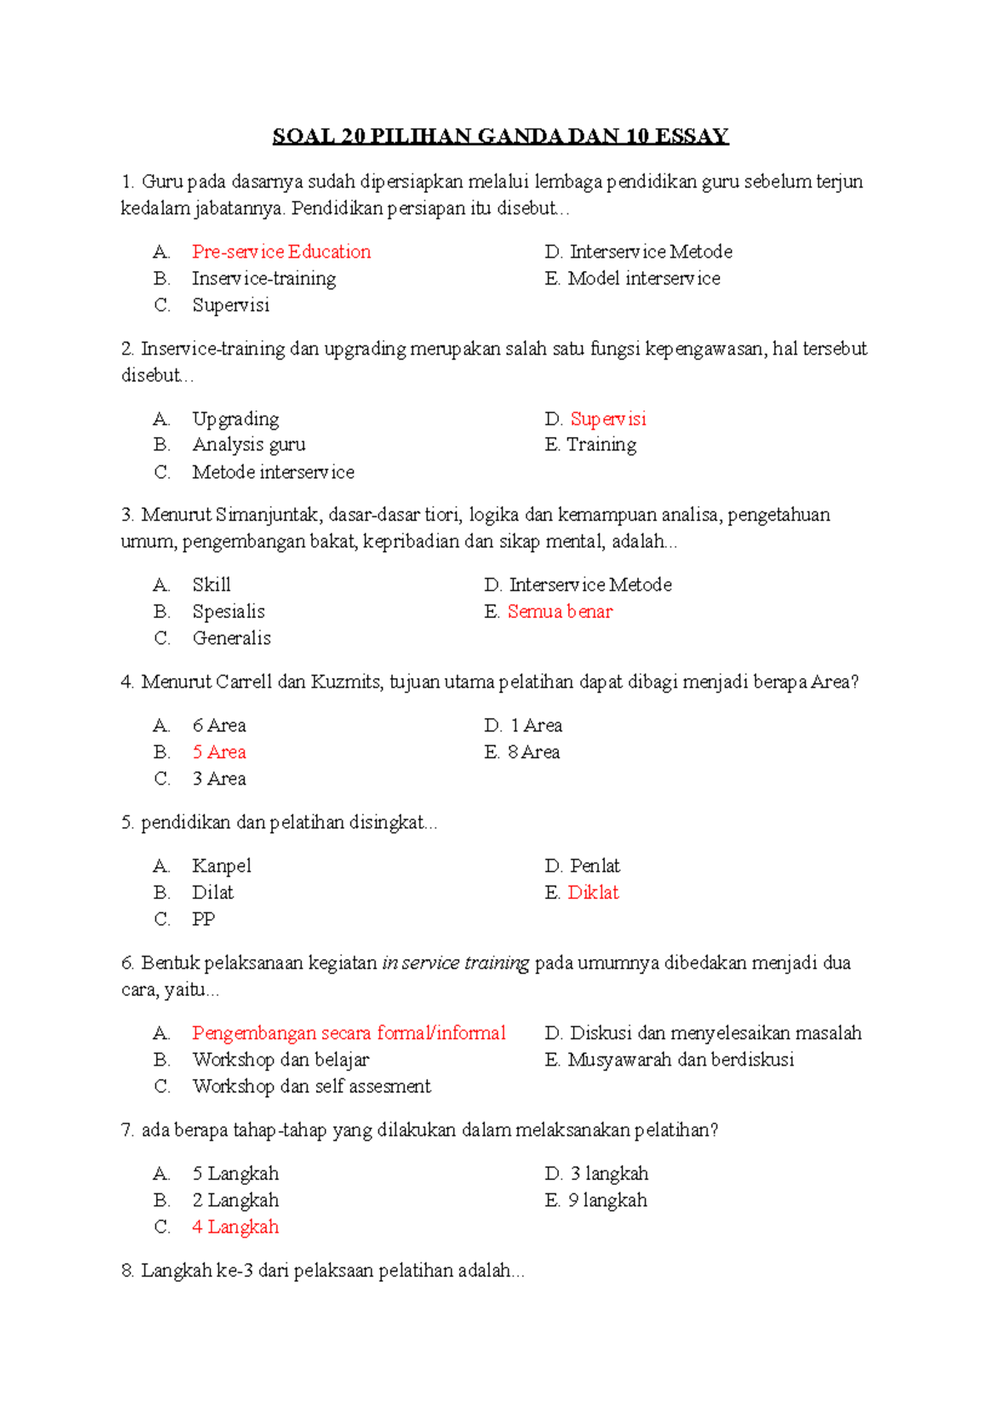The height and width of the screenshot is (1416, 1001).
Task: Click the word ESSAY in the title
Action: (692, 136)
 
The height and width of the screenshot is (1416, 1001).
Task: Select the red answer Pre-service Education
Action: (281, 252)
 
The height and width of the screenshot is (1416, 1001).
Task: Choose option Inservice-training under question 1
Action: (264, 279)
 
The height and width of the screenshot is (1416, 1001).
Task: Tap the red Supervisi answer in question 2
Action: (608, 419)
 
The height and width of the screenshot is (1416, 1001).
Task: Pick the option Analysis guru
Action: (249, 444)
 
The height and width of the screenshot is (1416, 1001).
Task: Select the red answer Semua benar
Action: (560, 611)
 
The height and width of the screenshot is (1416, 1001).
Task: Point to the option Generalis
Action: (231, 638)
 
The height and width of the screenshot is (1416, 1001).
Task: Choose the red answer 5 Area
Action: (219, 752)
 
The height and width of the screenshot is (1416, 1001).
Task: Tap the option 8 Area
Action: (534, 752)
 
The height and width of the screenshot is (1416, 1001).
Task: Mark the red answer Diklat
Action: (593, 892)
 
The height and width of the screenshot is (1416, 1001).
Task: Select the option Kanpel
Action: (221, 866)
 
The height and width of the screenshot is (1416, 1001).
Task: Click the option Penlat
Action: (595, 866)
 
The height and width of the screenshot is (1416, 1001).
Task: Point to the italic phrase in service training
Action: (455, 963)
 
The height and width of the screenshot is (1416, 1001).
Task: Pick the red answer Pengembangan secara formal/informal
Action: (349, 1033)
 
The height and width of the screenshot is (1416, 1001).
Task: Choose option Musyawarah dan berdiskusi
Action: (681, 1060)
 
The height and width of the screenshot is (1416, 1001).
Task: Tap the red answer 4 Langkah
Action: (235, 1227)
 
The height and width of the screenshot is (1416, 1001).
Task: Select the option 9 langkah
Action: (608, 1200)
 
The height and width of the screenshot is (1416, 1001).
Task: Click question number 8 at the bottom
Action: (128, 1271)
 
